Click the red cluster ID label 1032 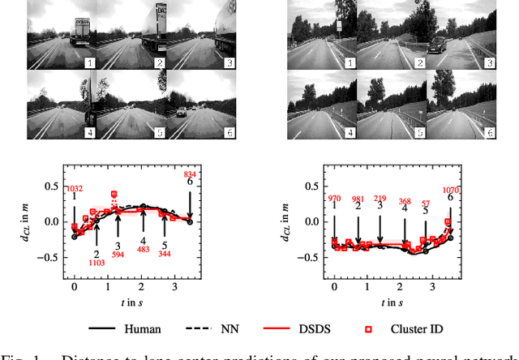[x=74, y=189]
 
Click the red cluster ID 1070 [x=451, y=190]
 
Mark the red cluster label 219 [x=380, y=198]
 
